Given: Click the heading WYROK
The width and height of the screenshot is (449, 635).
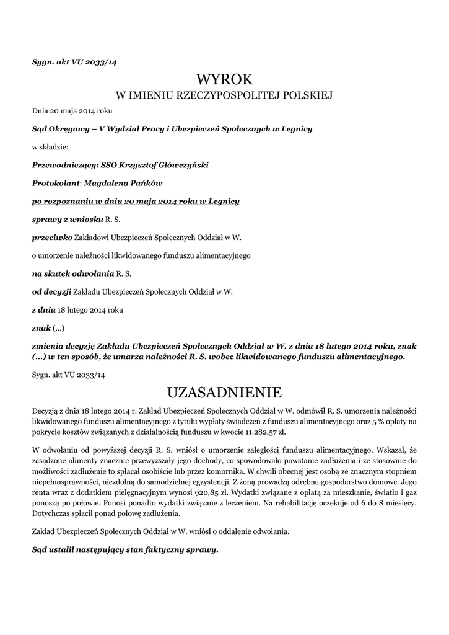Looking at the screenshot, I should click(224, 79).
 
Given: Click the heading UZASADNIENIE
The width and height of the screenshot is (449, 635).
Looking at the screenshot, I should click(224, 393).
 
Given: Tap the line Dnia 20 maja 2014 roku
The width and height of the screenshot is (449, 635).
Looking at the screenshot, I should click(72, 111).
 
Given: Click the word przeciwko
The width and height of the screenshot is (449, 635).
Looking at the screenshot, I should click(52, 237).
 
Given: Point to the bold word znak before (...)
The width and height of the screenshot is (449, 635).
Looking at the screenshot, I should click(41, 327).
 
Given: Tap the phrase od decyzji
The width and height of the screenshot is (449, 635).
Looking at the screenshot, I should click(51, 291).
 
